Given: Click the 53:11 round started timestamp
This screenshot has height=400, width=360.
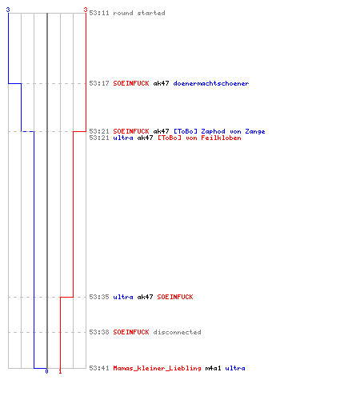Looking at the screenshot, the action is pyautogui.click(x=99, y=13).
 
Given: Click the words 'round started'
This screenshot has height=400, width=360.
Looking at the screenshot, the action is pyautogui.click(x=139, y=13).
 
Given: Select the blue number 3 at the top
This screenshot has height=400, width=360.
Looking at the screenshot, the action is pyautogui.click(x=8, y=10).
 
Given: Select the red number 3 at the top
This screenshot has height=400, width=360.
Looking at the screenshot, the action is pyautogui.click(x=86, y=10).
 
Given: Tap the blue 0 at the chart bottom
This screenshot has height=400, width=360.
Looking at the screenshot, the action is pyautogui.click(x=46, y=371).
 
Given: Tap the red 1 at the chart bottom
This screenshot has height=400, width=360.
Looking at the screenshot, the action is pyautogui.click(x=60, y=371).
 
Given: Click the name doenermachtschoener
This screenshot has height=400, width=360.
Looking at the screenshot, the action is pyautogui.click(x=211, y=83).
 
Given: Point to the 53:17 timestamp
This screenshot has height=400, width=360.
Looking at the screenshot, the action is pyautogui.click(x=99, y=83).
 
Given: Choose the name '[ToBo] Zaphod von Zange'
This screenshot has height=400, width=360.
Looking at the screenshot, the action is pyautogui.click(x=219, y=131).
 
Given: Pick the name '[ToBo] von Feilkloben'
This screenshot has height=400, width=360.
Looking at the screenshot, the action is pyautogui.click(x=199, y=138).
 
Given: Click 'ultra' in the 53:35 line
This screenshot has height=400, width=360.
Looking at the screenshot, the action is pyautogui.click(x=123, y=297).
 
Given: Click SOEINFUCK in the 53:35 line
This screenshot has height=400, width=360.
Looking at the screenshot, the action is pyautogui.click(x=175, y=297).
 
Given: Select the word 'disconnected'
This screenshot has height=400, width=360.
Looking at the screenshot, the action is pyautogui.click(x=177, y=332).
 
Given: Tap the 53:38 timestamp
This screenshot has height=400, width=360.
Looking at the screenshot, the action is pyautogui.click(x=99, y=332).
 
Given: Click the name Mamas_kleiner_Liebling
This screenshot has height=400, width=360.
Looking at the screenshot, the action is pyautogui.click(x=157, y=368).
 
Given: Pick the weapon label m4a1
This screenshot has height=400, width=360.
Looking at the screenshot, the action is pyautogui.click(x=213, y=368).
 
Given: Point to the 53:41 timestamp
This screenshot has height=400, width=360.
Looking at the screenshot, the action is pyautogui.click(x=99, y=368).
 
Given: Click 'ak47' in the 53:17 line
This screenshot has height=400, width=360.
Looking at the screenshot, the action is pyautogui.click(x=161, y=83).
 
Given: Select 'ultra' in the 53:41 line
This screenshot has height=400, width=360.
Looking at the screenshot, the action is pyautogui.click(x=235, y=368).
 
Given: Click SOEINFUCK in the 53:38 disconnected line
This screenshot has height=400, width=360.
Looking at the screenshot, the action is pyautogui.click(x=131, y=332).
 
